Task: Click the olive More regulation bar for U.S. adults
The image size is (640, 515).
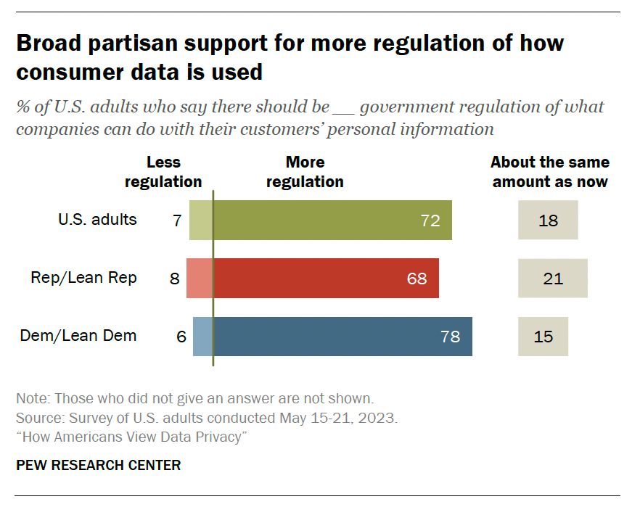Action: pos(332,221)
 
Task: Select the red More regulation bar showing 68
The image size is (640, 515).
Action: pos(326,278)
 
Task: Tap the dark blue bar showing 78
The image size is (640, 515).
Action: pos(342,337)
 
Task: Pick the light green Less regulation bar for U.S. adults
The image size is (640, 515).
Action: pos(201,221)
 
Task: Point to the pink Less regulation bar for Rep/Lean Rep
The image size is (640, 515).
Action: pos(200,278)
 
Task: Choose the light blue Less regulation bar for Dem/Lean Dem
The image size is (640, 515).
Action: pos(202,337)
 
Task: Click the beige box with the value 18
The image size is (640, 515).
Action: pos(548,221)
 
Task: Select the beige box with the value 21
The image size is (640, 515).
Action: pos(552,278)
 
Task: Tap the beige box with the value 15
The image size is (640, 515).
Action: pos(543,337)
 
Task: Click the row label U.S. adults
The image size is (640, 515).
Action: pos(97,219)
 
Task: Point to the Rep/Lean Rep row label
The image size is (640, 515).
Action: pos(83,277)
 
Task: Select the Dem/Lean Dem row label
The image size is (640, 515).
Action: pos(78,336)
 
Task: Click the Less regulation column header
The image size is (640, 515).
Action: pos(163,172)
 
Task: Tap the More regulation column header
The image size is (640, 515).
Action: pos(305,172)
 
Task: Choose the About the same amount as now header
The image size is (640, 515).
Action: pos(550,172)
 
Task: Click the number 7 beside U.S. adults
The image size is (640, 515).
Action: pos(177,221)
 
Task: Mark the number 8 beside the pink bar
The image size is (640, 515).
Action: pos(174,278)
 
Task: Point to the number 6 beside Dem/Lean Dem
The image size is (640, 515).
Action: pos(181,337)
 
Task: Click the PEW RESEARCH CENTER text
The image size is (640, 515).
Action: pos(98,465)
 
